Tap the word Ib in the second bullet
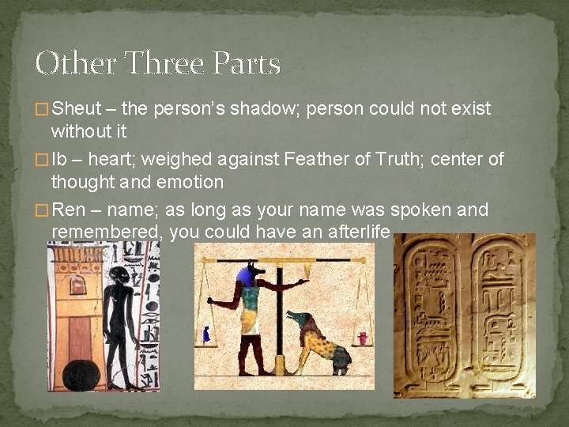[60, 159]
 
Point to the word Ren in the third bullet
[68, 210]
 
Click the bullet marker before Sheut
[42, 109]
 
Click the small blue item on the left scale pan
[206, 334]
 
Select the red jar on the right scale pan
[362, 338]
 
